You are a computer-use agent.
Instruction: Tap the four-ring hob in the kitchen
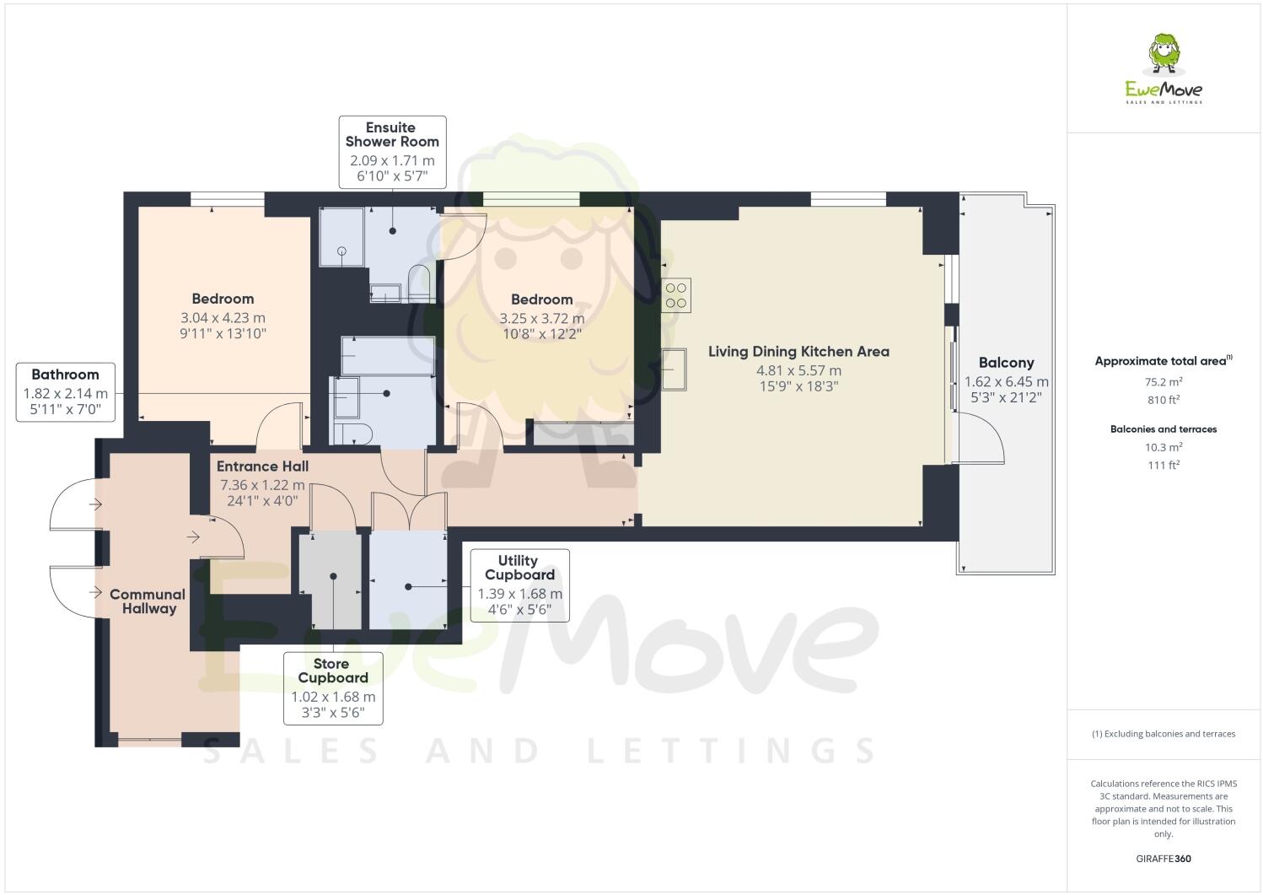tap(676, 295)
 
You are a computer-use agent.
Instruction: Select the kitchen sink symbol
tap(674, 369)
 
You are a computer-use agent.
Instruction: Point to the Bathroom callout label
tap(65, 392)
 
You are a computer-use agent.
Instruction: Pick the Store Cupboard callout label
tap(333, 687)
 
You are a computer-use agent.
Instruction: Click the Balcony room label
tap(1006, 363)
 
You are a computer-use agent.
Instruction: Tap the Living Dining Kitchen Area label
tap(798, 352)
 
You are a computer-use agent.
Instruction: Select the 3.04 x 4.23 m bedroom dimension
tap(223, 318)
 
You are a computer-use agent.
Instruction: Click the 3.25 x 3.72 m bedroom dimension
tap(541, 319)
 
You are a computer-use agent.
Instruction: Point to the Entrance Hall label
tap(262, 466)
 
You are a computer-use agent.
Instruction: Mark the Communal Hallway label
tap(148, 601)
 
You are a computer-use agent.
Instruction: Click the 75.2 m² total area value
tap(1164, 381)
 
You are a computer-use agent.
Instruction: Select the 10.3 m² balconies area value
tap(1164, 448)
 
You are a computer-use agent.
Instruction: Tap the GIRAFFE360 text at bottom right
tap(1164, 860)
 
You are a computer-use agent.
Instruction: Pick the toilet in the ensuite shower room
tap(419, 283)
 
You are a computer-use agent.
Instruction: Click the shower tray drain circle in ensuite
tap(342, 251)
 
